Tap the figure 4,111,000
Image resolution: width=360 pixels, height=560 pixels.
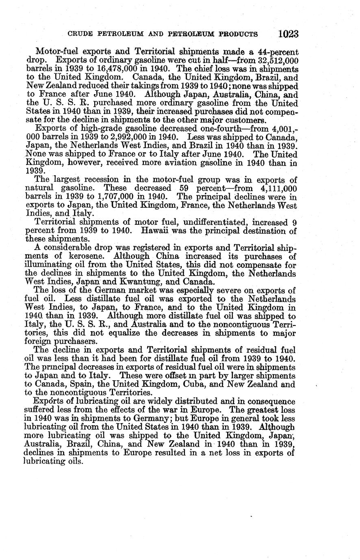[277, 189]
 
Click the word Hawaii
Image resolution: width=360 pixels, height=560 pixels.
[156, 231]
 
